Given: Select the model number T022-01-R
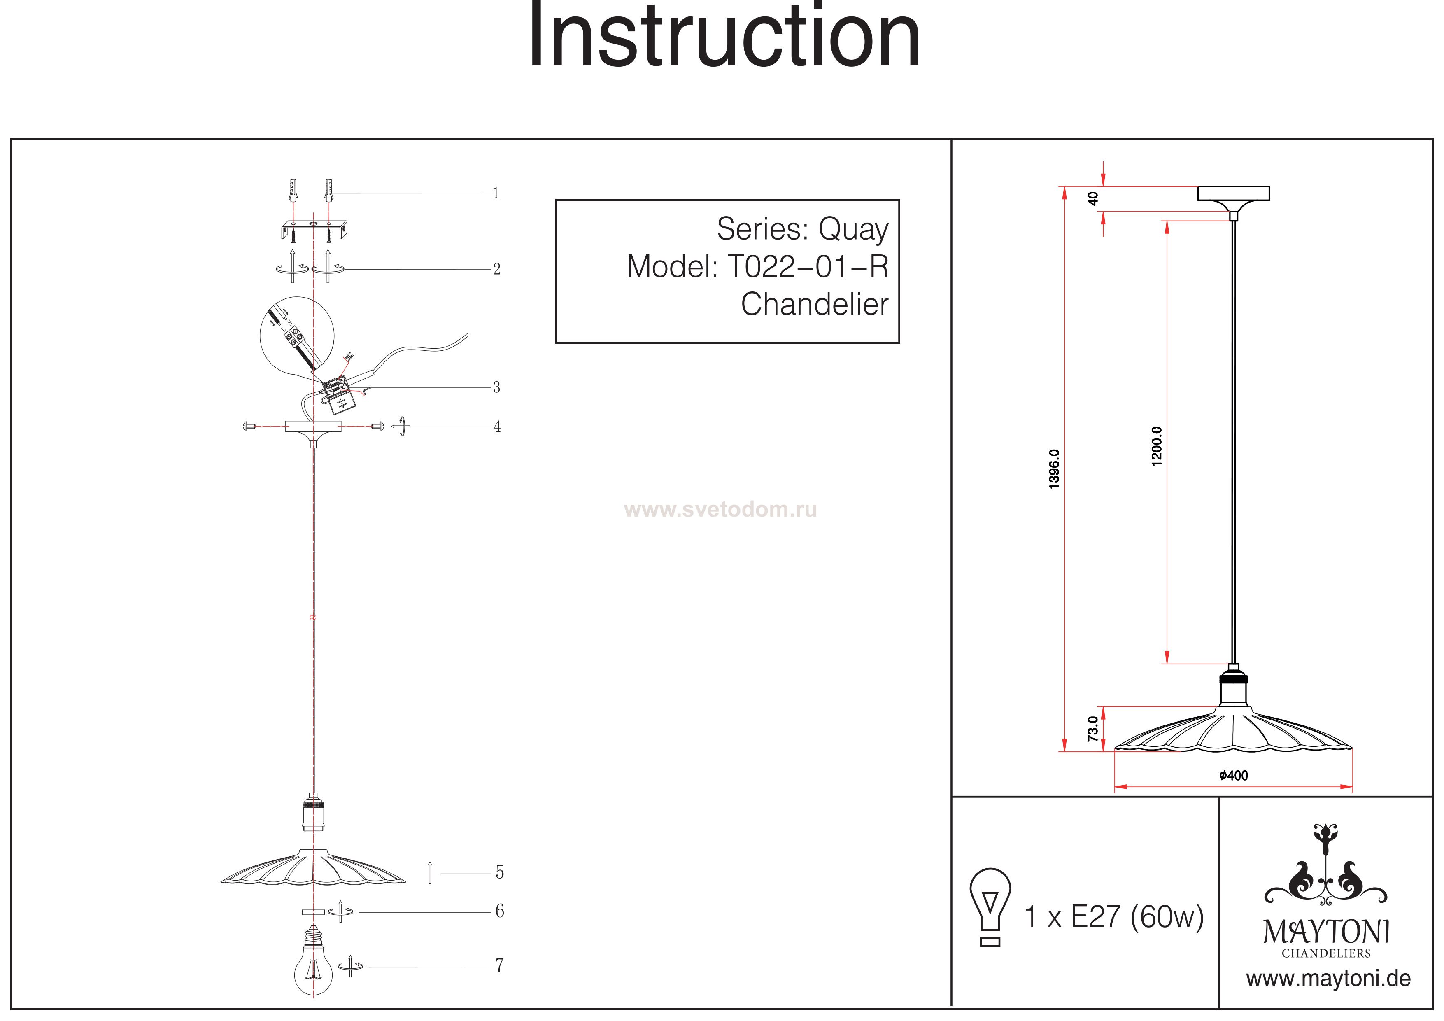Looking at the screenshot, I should tap(808, 267).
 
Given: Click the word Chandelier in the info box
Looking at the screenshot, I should tap(815, 305).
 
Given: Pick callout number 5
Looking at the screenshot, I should tap(499, 872).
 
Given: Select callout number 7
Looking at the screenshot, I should tap(499, 966).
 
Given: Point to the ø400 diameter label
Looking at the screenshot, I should tap(1233, 776).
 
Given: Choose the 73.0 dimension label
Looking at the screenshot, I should tap(1093, 728).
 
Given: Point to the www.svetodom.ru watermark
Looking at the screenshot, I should tap(720, 510).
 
